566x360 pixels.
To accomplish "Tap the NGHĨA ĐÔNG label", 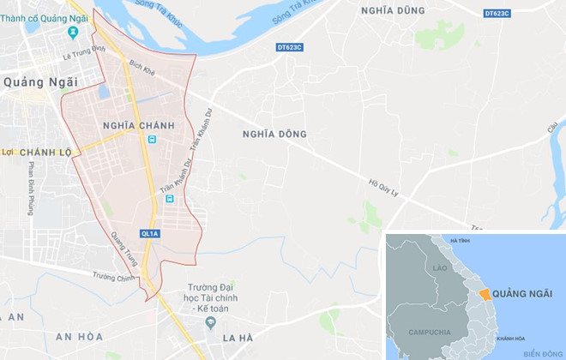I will point(274,134).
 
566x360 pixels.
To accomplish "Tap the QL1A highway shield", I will point(149,233).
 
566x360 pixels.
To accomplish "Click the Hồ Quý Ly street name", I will point(385,187).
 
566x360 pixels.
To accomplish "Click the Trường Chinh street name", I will point(115,277).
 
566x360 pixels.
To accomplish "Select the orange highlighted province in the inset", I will point(485,294).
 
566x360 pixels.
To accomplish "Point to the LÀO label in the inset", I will point(441,268).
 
